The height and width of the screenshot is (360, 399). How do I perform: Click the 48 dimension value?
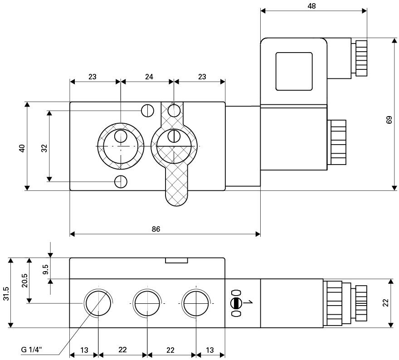(311, 6)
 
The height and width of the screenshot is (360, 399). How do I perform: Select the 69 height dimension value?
(389, 120)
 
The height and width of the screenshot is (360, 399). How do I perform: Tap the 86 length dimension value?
(156, 229)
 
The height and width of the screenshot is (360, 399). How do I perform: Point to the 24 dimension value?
(149, 77)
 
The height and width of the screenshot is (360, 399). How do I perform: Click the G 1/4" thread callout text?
(32, 350)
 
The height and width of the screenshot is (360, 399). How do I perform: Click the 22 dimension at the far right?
(386, 302)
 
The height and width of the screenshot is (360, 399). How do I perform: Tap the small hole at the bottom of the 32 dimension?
(121, 181)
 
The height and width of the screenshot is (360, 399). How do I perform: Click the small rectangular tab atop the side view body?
(176, 260)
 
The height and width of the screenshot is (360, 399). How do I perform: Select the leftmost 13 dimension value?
(84, 350)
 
